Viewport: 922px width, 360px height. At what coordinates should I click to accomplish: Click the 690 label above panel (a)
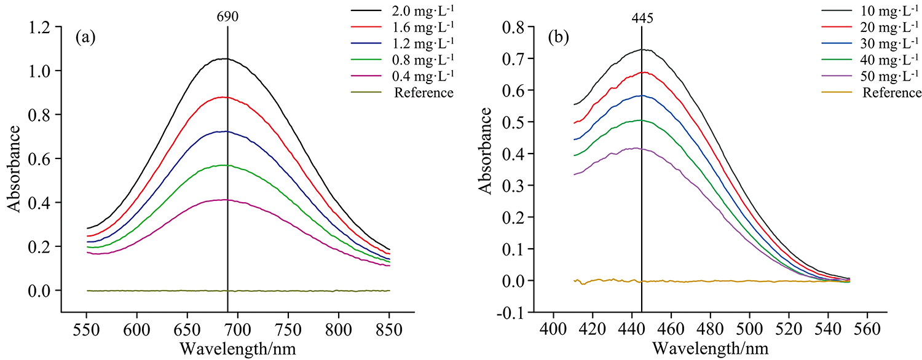(227, 18)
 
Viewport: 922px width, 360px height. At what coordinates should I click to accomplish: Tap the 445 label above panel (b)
(642, 18)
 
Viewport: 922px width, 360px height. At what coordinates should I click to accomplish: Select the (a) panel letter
(85, 37)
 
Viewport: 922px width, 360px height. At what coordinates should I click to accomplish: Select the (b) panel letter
(559, 37)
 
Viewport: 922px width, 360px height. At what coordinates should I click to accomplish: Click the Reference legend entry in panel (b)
(891, 93)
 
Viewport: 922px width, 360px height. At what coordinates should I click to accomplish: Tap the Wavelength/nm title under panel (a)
(238, 348)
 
